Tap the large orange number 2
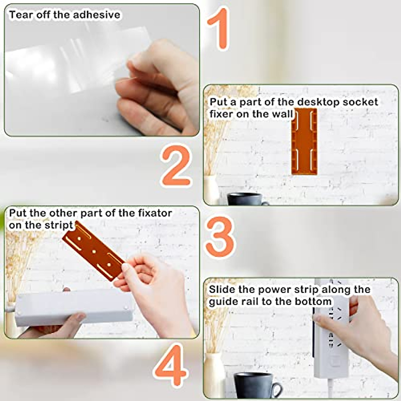[x=176, y=166]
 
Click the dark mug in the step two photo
[x=246, y=199]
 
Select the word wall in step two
[x=284, y=114]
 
